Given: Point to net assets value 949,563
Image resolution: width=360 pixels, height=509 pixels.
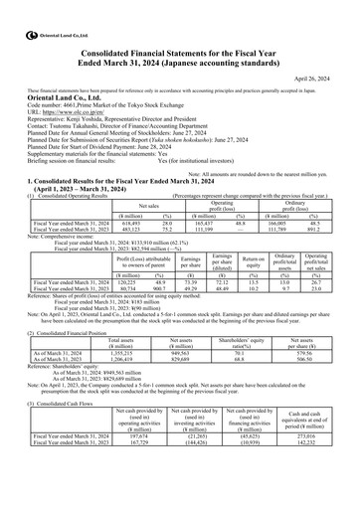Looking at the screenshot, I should [187, 324].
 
